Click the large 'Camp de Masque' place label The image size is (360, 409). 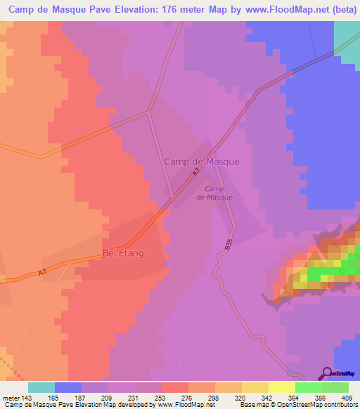202,162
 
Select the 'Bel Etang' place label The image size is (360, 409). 123,253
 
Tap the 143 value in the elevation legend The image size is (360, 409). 28,397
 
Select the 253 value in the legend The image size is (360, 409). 174,397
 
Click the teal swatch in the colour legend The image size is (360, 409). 41,387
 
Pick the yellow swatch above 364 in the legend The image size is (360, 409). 281,387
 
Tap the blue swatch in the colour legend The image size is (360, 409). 68,387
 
